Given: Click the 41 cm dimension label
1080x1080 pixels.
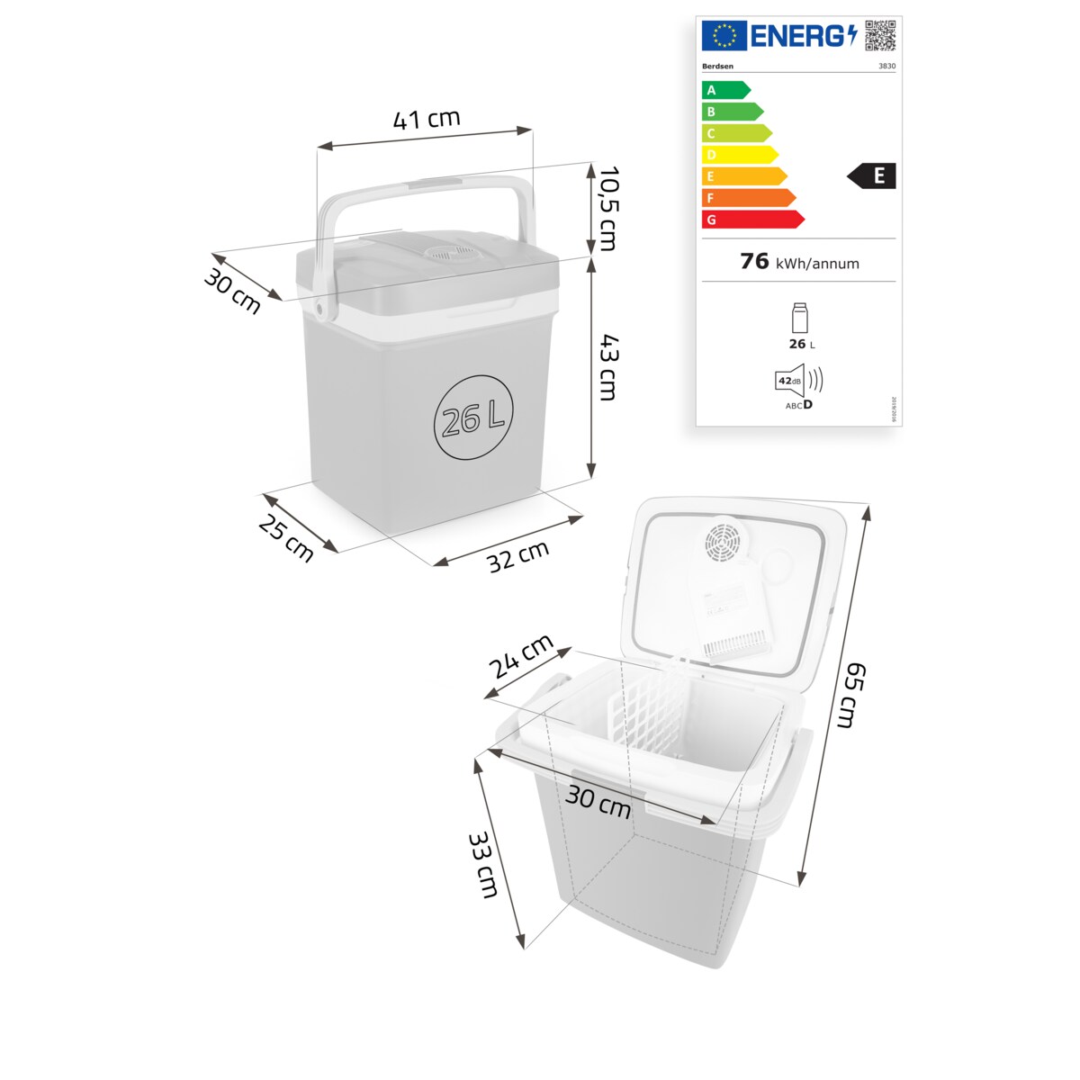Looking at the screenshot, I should point(427,119).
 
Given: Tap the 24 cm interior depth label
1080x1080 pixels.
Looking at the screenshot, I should point(521,657).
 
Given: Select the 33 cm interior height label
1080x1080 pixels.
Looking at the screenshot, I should point(483,865).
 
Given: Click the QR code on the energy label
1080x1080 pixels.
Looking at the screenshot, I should point(880,35).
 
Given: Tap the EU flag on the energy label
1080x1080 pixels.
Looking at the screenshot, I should point(724,36).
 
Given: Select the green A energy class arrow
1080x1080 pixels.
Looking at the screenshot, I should point(725,90).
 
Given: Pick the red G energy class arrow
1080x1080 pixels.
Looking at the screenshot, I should point(752,220).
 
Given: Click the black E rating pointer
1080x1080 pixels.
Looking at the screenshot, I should point(872,175).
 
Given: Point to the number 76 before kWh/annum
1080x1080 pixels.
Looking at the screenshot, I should point(754,261).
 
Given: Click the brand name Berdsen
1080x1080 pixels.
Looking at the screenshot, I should point(717,66).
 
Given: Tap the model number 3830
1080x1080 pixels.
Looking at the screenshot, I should point(886,66).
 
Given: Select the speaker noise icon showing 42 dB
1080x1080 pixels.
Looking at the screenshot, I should point(797,381).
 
